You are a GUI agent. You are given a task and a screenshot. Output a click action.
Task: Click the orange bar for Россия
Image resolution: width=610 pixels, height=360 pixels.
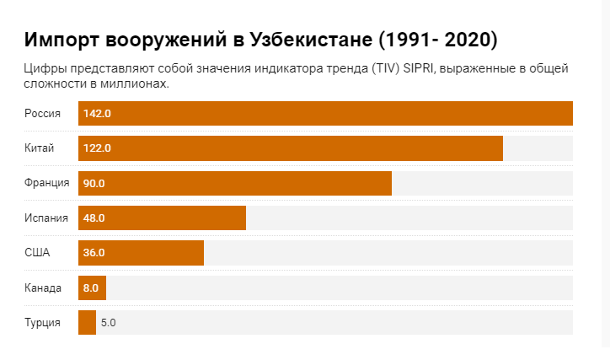click(325, 113)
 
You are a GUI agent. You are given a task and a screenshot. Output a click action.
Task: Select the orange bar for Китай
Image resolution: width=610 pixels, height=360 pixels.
click(291, 148)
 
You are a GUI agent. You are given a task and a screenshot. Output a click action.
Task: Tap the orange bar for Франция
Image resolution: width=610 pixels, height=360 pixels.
click(235, 183)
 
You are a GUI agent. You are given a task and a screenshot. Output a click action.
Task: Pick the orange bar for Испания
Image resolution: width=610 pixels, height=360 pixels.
click(162, 218)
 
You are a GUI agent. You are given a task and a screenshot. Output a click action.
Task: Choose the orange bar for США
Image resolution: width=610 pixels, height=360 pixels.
click(141, 252)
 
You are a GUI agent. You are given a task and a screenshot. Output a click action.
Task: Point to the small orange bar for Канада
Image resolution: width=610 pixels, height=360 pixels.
click(92, 287)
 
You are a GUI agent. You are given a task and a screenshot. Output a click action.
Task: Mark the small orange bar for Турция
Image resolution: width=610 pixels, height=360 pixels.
click(87, 322)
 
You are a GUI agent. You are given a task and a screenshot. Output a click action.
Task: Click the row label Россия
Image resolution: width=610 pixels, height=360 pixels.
click(42, 113)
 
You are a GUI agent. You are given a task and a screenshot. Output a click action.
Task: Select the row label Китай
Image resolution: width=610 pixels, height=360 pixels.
click(40, 148)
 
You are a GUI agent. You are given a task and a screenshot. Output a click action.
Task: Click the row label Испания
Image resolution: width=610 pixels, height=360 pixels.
click(46, 218)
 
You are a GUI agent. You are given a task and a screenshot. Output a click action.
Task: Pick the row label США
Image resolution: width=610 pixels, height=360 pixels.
click(37, 252)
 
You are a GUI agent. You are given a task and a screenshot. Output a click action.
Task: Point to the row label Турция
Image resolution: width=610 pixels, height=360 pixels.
click(42, 322)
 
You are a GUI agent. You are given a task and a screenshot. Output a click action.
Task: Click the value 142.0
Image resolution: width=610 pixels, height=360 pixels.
click(98, 113)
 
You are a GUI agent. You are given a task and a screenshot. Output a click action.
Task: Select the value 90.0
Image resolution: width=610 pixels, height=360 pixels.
click(94, 183)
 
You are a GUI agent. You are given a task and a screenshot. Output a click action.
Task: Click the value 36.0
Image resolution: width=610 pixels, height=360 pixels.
click(94, 252)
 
